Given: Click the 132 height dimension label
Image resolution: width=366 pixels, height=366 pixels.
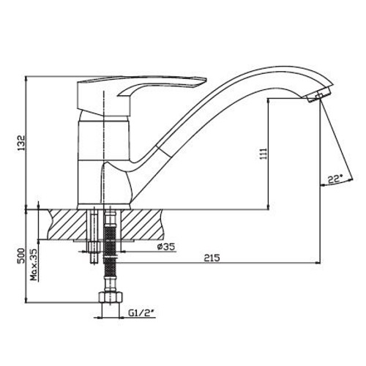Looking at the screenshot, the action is tap(22, 143).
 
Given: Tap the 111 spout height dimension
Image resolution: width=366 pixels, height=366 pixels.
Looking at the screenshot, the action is tap(264, 154).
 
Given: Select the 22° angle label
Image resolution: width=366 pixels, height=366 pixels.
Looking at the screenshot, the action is tap(335, 180).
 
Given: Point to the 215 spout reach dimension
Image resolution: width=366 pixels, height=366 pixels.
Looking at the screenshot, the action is tap(212, 258).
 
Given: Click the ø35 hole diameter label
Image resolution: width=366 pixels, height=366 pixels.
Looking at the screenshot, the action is tap(166, 247).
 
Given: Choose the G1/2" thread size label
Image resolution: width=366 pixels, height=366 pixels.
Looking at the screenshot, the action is tap(142, 313).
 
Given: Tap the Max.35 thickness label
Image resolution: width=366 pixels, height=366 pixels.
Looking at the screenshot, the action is tap(34, 265).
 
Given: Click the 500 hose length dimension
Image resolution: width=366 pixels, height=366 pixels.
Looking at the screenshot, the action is tap(22, 255).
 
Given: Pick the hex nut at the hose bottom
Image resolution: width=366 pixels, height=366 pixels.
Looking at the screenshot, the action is tap(111, 297).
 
